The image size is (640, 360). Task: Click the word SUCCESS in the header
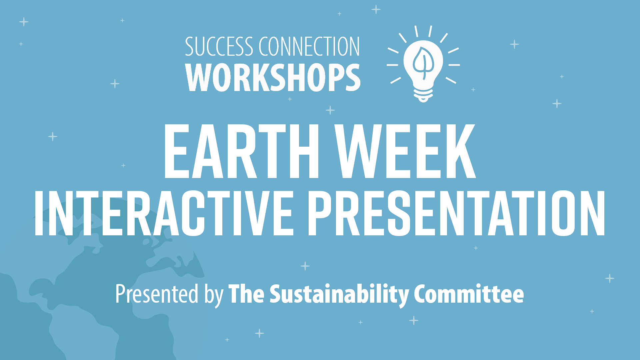(219, 47)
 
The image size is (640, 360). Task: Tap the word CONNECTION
(310, 47)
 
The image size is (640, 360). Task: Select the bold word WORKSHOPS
(273, 77)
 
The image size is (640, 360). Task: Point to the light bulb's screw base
(423, 95)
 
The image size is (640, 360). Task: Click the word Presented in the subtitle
(157, 294)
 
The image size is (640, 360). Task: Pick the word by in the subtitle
(214, 295)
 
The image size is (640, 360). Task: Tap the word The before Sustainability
(246, 294)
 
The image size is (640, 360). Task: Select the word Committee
(469, 294)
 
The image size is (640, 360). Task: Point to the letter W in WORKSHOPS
(202, 77)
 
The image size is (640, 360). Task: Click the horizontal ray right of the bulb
(454, 65)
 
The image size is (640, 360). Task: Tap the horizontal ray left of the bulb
(392, 65)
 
